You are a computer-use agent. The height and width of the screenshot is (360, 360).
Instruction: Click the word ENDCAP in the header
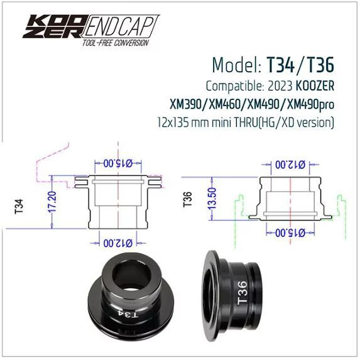coord(120,27)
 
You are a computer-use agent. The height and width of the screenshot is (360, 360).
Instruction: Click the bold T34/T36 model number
coord(300,65)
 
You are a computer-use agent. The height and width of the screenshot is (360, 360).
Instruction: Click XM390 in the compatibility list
coord(187,103)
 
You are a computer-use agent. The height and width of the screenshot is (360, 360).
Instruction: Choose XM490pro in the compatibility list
coord(308,103)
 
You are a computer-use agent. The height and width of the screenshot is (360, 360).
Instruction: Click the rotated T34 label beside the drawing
coord(18,205)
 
